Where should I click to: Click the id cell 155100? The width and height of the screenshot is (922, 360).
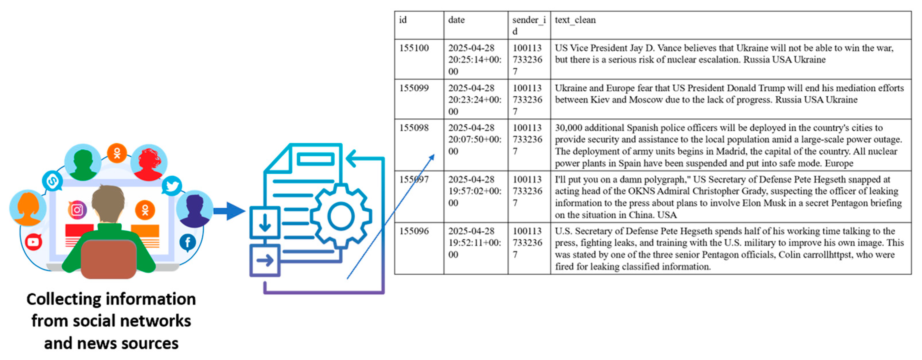(414, 48)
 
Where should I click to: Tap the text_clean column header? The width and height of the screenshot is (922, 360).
(575, 20)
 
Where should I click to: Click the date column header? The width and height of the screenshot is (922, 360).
(456, 20)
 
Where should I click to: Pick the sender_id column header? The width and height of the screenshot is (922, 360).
(529, 25)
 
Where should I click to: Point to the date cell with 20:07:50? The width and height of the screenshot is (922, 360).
(475, 139)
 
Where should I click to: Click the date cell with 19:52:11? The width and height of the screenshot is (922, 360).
(475, 242)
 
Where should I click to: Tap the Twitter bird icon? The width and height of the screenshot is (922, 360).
(172, 186)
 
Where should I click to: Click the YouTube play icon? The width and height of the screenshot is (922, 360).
(33, 242)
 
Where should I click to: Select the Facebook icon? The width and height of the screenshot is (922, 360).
(188, 242)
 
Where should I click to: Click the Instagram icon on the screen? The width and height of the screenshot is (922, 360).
(77, 210)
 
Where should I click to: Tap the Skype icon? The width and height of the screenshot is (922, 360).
(52, 181)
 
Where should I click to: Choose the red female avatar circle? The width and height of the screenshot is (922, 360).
(149, 163)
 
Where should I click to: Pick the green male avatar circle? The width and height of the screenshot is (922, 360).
(83, 163)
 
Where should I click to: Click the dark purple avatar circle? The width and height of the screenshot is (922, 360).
(195, 209)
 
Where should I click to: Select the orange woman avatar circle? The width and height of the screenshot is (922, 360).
(28, 208)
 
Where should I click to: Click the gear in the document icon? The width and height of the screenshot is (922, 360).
(340, 216)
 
